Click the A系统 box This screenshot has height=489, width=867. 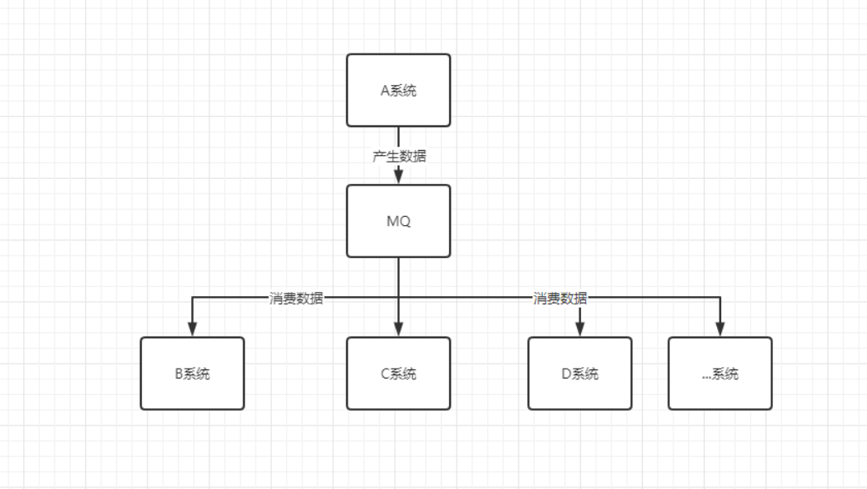coord(398,91)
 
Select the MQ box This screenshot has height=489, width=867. coord(398,221)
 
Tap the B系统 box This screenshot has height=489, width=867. coord(192,374)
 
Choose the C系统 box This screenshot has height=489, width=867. coord(398,374)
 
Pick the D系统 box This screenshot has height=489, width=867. coord(579,374)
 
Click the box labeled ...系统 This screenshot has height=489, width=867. coord(719,374)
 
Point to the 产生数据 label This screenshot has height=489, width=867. coord(400,156)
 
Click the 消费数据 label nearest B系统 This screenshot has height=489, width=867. coord(296,299)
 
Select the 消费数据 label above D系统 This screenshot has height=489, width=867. coord(560,299)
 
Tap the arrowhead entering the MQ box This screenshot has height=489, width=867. coord(398,177)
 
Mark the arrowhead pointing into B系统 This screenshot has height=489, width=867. coord(192,330)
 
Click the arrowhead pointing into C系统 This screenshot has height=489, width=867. coord(398,330)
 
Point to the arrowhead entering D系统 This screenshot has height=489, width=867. coord(579,330)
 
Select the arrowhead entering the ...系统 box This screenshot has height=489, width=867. coord(719,330)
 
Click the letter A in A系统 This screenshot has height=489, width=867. coord(384,91)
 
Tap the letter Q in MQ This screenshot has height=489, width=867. coord(405,222)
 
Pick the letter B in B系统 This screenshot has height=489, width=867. coord(178,374)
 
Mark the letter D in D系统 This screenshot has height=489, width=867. coord(565,374)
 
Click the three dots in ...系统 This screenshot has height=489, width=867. coord(706,377)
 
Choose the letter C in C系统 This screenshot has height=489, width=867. coord(384,374)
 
